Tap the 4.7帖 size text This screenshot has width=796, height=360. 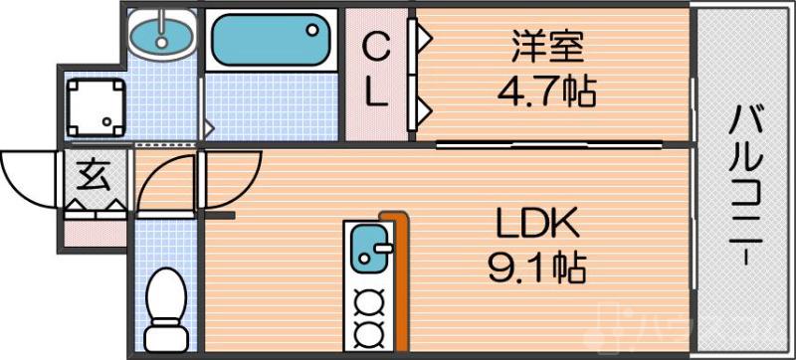[546, 92]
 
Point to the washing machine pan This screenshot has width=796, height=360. [96, 107]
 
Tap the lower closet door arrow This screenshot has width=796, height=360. [424, 106]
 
